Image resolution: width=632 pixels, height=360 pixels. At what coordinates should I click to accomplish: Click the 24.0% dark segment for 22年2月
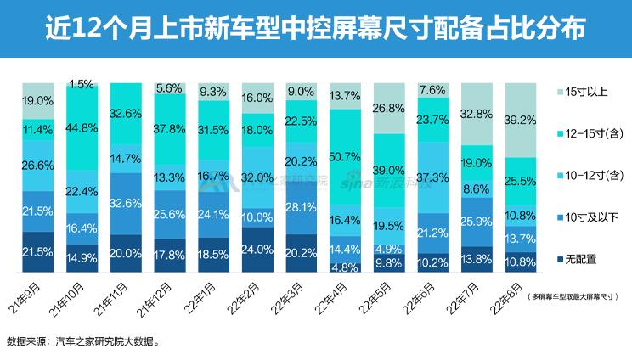(x=257, y=250)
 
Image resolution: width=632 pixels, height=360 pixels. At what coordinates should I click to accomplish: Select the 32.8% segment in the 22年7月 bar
(x=477, y=112)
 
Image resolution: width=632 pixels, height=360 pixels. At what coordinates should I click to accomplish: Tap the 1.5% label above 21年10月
(x=82, y=85)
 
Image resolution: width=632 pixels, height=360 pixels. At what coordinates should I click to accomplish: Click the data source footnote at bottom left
(x=82, y=343)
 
